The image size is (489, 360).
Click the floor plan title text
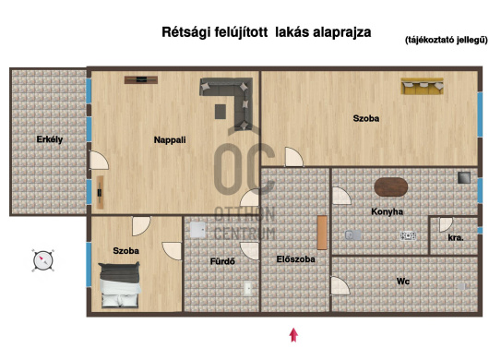pos(266,31)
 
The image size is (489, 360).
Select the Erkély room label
pos(49,139)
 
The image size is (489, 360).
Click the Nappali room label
pos(170,139)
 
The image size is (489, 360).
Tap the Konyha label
pos(388,211)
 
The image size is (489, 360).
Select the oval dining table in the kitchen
pos(390,186)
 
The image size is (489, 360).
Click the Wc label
pos(403,281)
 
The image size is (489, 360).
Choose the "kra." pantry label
pos(455,237)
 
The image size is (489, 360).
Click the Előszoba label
pos(295,259)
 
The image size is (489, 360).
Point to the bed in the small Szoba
pos(120,284)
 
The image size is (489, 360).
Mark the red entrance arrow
pos(293,334)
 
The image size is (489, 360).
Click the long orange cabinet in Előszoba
pos(320,234)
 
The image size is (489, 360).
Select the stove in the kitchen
pos(406,235)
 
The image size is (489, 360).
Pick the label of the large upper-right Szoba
pos(366,118)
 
